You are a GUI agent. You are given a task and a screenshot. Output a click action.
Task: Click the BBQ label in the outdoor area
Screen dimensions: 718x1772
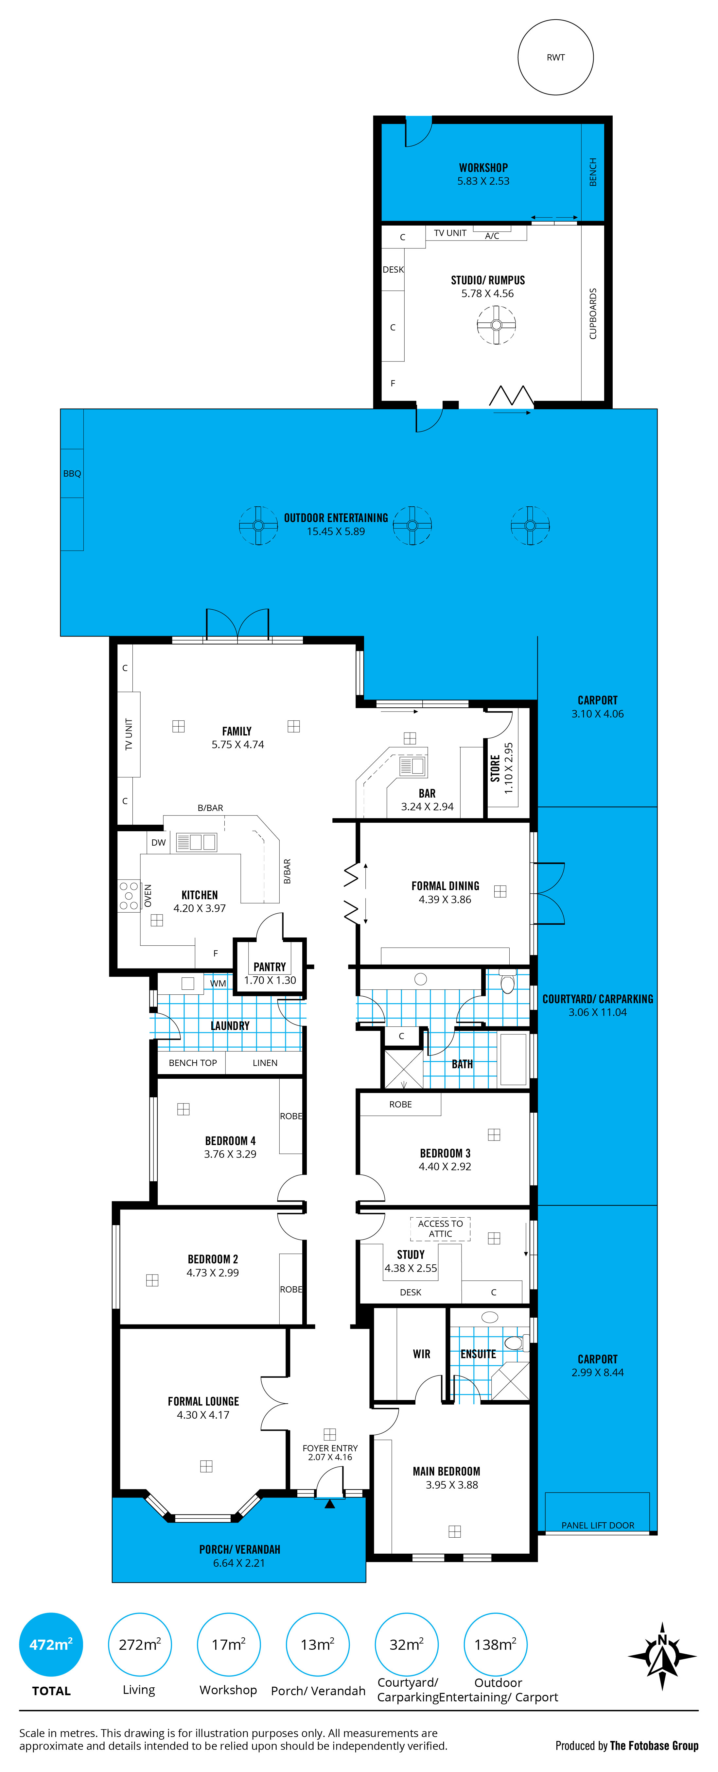pyautogui.click(x=72, y=473)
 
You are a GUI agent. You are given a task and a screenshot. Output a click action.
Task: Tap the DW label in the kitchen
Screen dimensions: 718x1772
pyautogui.click(x=158, y=842)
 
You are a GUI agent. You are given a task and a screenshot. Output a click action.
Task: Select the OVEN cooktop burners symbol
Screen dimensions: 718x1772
pyautogui.click(x=129, y=896)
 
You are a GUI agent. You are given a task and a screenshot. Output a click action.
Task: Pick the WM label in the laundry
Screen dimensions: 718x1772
pyautogui.click(x=218, y=983)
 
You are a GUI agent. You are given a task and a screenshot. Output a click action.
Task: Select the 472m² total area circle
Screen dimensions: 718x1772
pyautogui.click(x=51, y=1644)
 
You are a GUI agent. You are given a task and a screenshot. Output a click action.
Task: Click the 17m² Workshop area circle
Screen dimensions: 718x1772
pyautogui.click(x=229, y=1644)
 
